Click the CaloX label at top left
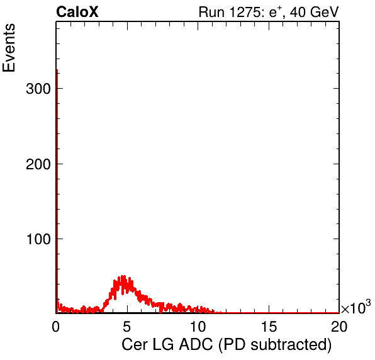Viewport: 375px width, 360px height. [x=77, y=12]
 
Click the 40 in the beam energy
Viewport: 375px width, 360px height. [x=298, y=12]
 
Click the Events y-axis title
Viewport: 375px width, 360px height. [x=9, y=48]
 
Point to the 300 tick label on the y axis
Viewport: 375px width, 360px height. [x=38, y=89]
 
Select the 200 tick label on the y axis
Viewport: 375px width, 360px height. [x=38, y=164]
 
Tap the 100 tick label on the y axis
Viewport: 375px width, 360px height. [x=39, y=239]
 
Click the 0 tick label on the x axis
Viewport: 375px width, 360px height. [x=56, y=327]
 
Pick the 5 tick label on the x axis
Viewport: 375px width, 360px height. [x=127, y=327]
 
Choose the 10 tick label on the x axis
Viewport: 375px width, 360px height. [x=198, y=327]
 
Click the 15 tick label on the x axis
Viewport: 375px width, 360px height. [x=269, y=327]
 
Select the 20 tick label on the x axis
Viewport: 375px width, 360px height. [x=339, y=327]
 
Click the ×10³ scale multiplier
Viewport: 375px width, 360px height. [x=356, y=307]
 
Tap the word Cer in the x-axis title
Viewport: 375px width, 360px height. [x=135, y=345]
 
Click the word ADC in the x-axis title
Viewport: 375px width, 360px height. [x=196, y=345]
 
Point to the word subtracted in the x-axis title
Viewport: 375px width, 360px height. [x=289, y=345]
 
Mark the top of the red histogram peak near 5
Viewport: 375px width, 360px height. [x=123, y=276]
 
